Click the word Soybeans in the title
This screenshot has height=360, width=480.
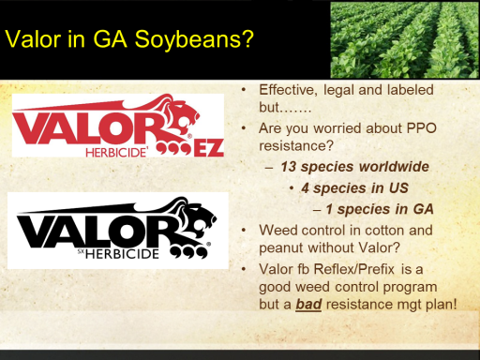194,39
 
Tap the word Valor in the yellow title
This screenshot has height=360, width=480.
33,39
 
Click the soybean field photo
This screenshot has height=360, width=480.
405,39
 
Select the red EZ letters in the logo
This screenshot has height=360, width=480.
209,148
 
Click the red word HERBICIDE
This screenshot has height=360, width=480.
116,153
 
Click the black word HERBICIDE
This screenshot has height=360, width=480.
122,254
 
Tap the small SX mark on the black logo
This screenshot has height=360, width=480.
81,251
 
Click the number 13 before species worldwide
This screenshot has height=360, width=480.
288,167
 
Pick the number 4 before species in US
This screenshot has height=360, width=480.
306,188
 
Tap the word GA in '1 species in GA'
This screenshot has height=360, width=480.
424,209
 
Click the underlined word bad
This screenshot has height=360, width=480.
308,304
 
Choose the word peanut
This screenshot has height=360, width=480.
280,248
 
